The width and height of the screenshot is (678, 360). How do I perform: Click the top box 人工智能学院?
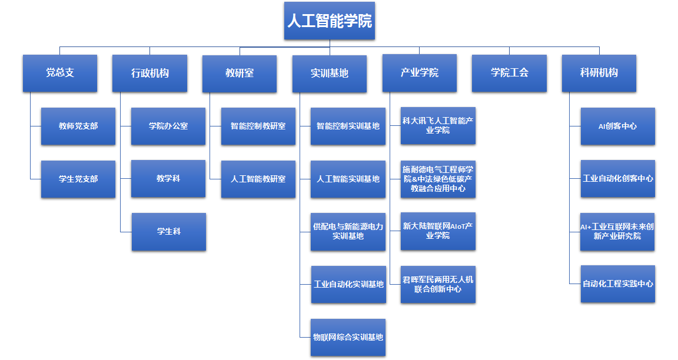[x=329, y=21]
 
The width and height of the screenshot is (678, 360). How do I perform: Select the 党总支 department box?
[x=60, y=73]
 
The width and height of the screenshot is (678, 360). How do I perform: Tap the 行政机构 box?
[x=149, y=73]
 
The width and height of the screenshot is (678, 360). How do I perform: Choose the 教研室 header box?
[x=240, y=73]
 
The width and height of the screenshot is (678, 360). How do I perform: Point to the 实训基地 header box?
[x=330, y=73]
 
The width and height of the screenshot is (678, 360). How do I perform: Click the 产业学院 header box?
[x=420, y=73]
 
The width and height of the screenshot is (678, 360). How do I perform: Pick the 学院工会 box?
[x=509, y=73]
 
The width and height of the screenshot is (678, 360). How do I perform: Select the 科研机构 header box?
[x=599, y=73]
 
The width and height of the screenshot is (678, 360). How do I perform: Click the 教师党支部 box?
[x=78, y=126]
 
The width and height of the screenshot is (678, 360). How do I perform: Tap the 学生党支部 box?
[x=78, y=179]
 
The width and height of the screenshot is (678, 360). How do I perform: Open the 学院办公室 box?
[x=168, y=126]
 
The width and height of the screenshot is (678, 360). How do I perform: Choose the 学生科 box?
[x=169, y=231]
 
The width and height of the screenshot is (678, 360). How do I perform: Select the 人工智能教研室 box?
[x=258, y=179]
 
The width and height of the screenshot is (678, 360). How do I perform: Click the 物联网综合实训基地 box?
[x=348, y=337]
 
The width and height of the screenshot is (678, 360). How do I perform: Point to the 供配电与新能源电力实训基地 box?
[x=348, y=231]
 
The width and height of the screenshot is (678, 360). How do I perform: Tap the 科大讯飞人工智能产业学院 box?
[x=438, y=125]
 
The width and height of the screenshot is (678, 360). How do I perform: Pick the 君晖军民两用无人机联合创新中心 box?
[x=438, y=284]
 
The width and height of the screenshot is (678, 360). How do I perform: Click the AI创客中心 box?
[x=617, y=126]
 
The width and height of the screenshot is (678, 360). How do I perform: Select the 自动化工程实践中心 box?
[x=617, y=284]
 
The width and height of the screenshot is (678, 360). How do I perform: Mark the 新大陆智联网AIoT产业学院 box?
[x=438, y=231]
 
